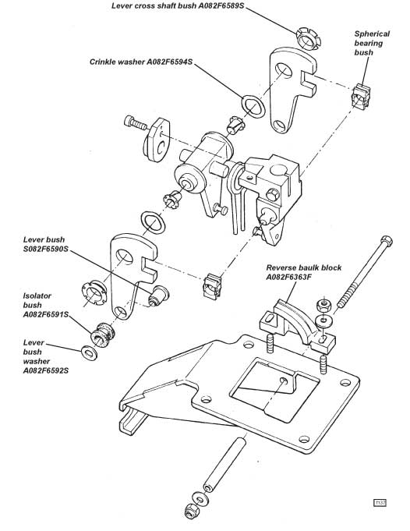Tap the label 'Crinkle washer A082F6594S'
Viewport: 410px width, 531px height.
(x=141, y=62)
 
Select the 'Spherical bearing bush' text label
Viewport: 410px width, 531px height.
(x=372, y=43)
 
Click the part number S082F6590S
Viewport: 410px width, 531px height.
(x=46, y=250)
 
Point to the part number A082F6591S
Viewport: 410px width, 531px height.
(x=46, y=314)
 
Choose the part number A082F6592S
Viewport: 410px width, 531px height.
(x=46, y=370)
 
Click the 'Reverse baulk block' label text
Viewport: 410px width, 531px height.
(x=304, y=267)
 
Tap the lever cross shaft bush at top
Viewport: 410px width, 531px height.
(x=308, y=38)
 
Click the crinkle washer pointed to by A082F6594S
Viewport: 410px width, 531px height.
(x=253, y=106)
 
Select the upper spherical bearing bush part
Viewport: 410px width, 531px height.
(x=361, y=97)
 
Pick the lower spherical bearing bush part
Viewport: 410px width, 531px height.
(x=212, y=286)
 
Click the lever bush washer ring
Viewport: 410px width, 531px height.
(x=90, y=353)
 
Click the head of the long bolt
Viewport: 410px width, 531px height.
(x=387, y=241)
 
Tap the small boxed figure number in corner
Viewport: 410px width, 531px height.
(x=380, y=503)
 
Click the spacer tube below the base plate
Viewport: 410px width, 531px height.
(x=224, y=464)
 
